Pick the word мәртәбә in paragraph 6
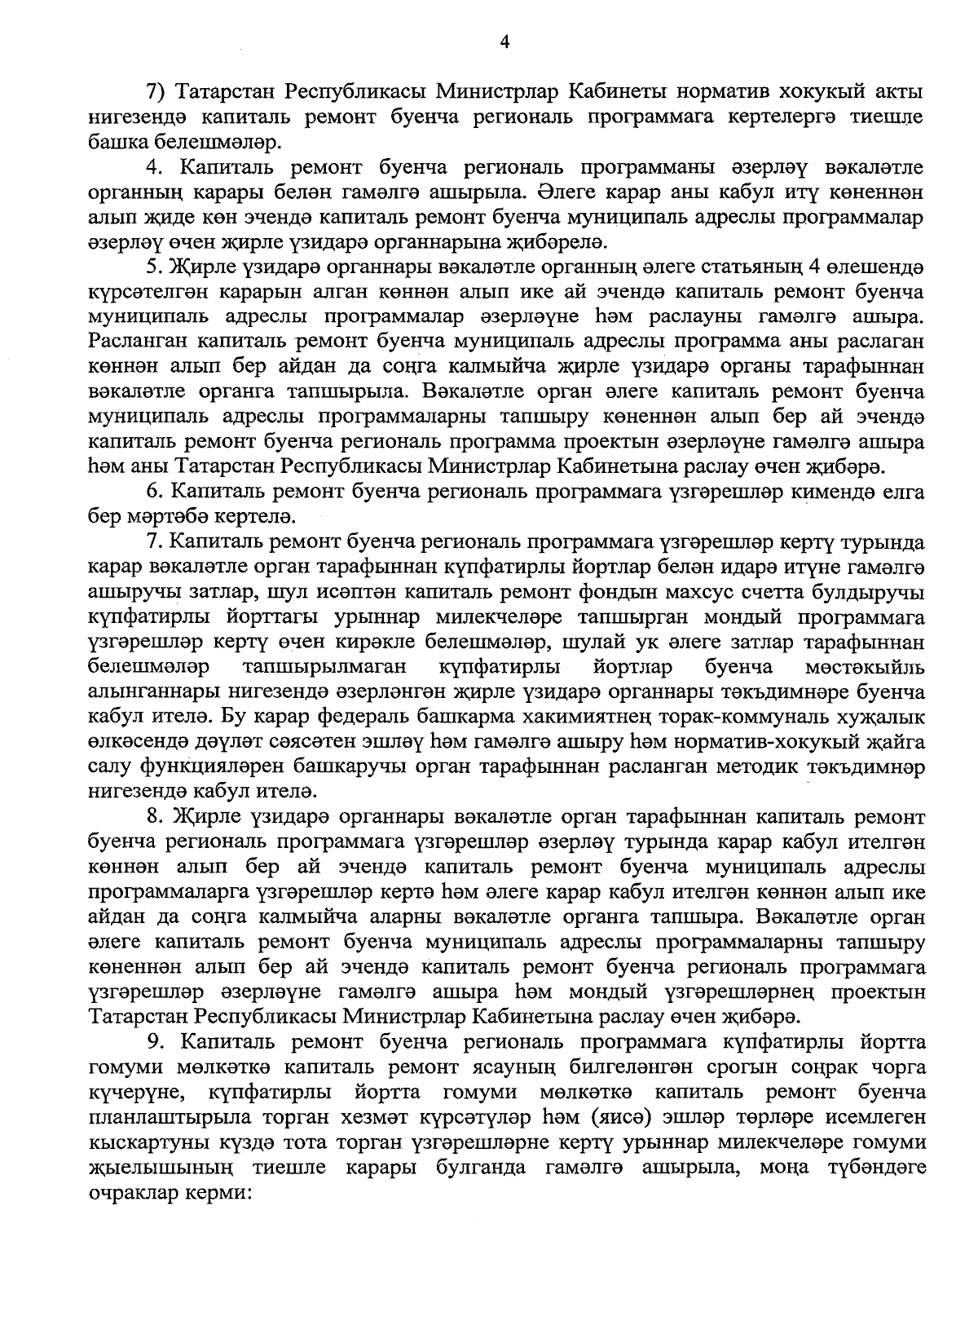158,517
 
